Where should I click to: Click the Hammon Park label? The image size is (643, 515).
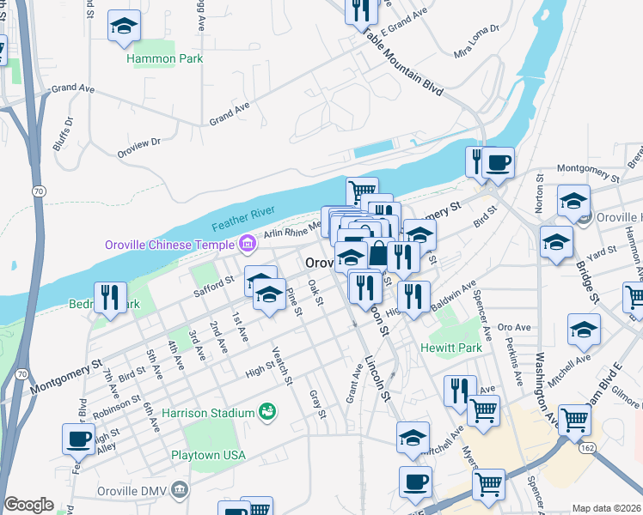pos(164,58)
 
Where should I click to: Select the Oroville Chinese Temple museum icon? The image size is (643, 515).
pos(247,245)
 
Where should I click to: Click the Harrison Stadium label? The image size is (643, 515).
pos(208,413)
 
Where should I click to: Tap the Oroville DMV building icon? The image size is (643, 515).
pos(181,491)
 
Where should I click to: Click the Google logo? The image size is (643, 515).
pos(28,505)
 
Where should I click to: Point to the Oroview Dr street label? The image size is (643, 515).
pos(139,148)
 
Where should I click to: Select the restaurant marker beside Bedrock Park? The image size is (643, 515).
pos(110,296)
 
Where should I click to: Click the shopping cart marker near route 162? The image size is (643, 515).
pos(574,419)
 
